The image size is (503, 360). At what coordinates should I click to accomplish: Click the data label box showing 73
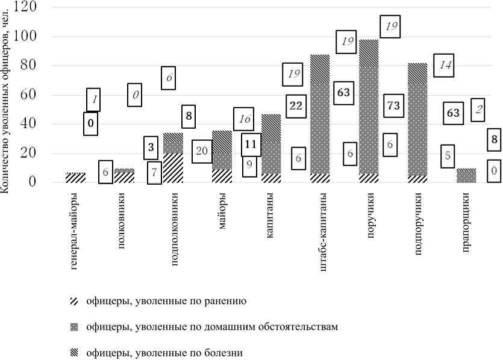[393, 105]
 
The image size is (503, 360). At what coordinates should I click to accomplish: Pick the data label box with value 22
[296, 105]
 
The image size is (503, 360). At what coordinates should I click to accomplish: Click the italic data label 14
[443, 65]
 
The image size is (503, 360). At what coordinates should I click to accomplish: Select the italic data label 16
[243, 119]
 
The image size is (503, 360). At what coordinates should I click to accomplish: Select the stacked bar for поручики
[369, 111]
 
